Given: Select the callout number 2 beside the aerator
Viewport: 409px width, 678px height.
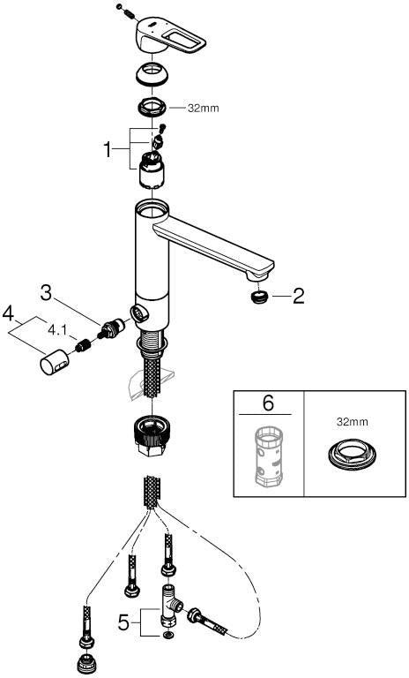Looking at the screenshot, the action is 298,297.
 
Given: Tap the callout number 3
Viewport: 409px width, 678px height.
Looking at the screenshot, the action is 46,293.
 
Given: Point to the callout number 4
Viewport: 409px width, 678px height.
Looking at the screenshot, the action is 8,313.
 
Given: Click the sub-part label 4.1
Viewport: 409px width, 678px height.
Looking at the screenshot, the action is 57,331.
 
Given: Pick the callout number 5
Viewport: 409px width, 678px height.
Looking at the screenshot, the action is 123,622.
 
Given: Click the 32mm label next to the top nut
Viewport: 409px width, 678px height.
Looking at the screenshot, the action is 203,108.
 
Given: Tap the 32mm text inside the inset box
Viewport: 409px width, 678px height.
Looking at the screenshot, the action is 353,422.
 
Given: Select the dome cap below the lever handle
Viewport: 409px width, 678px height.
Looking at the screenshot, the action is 152,75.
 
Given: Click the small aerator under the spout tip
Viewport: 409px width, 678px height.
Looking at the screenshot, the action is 259,298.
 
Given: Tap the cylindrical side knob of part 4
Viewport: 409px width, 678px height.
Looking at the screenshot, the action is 55,363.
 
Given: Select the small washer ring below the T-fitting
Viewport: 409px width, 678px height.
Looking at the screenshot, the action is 167,636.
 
